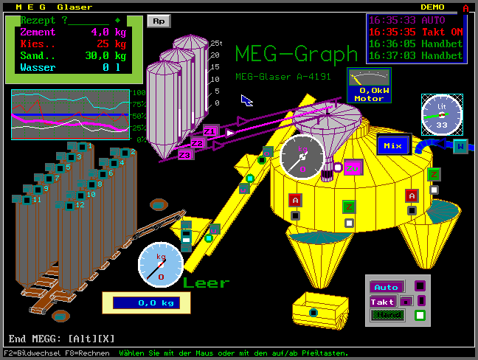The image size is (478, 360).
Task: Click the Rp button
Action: point(158,21)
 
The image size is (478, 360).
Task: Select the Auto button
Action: point(387,287)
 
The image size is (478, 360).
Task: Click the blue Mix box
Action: point(392,145)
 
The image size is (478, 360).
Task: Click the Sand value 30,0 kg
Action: point(105,55)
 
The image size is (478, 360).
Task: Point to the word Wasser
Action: point(38,67)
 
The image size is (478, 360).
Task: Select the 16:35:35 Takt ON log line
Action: point(416,32)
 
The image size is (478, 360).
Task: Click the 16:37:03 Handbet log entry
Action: point(416,55)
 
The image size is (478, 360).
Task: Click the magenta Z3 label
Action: point(185,155)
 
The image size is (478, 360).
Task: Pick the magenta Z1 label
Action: point(210,131)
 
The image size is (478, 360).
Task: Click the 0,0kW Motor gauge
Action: point(369,86)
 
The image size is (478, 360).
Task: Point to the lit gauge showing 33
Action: point(441,115)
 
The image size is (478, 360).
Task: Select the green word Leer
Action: point(207,283)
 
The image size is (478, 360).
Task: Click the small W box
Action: point(460,146)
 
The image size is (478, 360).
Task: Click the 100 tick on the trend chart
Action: point(139,93)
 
